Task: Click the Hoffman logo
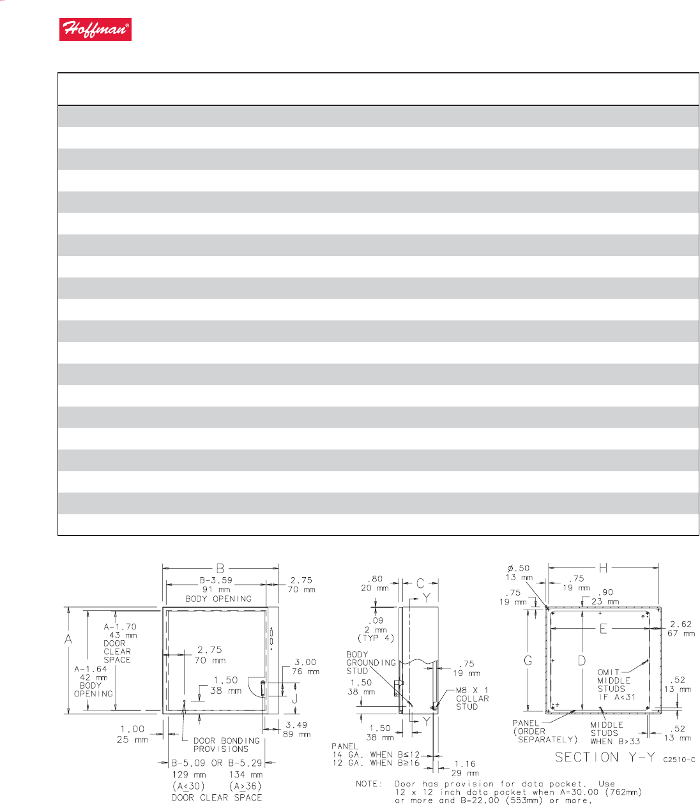coord(95,30)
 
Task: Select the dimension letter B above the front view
coord(220,567)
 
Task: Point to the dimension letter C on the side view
coord(420,583)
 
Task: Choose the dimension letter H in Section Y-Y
coord(603,567)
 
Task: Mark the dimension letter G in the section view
coord(528,661)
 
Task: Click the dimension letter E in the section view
coord(602,629)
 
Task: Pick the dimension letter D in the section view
coord(582,661)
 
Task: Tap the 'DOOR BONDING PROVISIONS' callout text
coord(227,745)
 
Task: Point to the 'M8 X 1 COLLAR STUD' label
coord(472,698)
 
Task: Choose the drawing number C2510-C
coord(679,760)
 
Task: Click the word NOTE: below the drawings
coord(370,784)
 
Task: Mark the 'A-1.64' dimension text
coord(91,669)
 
